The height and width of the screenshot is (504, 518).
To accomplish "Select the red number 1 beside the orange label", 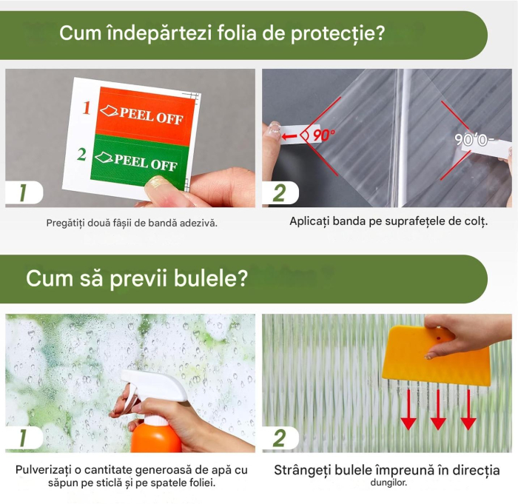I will [87, 108].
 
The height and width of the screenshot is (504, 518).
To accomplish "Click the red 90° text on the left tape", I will [323, 135].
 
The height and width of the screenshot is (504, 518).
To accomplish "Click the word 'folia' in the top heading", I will [226, 33].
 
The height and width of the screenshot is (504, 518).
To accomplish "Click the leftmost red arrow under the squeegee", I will [408, 411].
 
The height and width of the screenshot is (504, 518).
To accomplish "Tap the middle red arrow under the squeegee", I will [438, 411].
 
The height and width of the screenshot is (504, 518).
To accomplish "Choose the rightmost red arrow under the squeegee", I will [468, 411].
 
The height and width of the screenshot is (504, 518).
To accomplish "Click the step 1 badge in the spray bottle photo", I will [23, 437].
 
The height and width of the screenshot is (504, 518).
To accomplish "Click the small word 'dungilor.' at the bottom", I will [387, 483].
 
